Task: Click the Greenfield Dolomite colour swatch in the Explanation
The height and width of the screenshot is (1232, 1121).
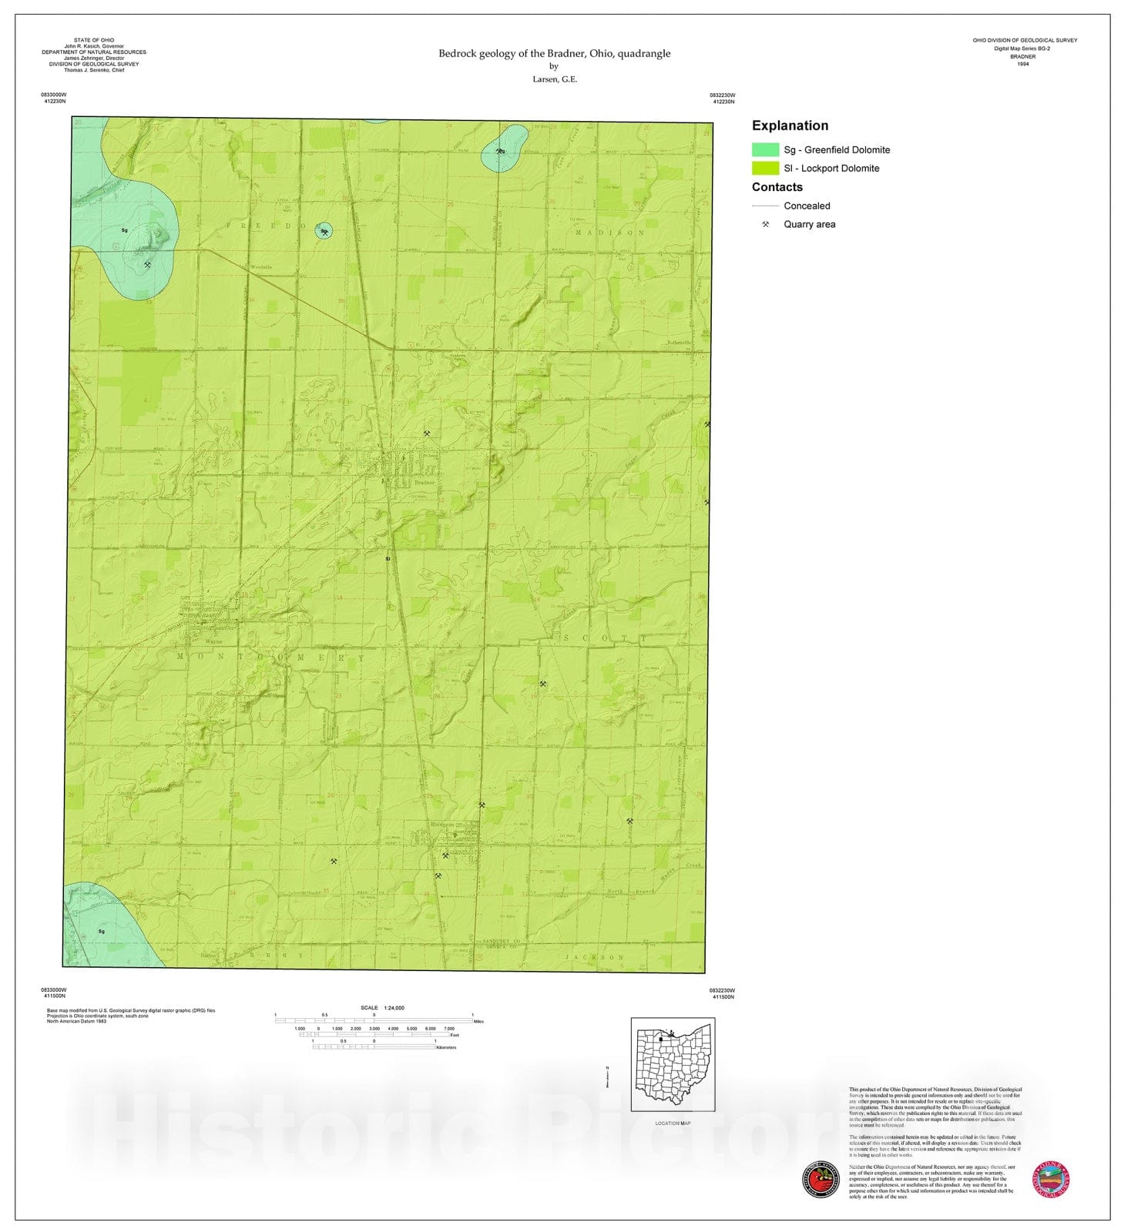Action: pyautogui.click(x=765, y=149)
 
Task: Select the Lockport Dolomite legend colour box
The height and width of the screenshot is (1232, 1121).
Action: pyautogui.click(x=765, y=168)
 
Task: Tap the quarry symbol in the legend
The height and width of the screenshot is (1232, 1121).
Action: pyautogui.click(x=765, y=224)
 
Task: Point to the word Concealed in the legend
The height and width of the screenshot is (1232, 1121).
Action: pyautogui.click(x=807, y=206)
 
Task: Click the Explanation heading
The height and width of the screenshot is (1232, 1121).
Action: pyautogui.click(x=790, y=126)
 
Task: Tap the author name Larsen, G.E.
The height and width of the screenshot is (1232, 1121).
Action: pyautogui.click(x=554, y=79)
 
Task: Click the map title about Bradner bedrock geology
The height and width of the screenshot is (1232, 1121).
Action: pyautogui.click(x=554, y=53)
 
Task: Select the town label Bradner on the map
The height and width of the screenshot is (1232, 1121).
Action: pyautogui.click(x=425, y=483)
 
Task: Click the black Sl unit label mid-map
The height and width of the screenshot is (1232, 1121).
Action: pyautogui.click(x=388, y=558)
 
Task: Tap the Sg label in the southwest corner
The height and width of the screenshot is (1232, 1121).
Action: pyautogui.click(x=102, y=931)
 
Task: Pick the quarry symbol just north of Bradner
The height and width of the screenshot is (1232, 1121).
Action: pyautogui.click(x=427, y=434)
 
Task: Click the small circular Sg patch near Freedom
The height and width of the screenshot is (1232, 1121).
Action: pyautogui.click(x=324, y=230)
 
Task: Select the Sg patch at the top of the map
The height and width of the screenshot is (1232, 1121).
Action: pyautogui.click(x=502, y=149)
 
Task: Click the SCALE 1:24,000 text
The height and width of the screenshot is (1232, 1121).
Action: pyautogui.click(x=382, y=1007)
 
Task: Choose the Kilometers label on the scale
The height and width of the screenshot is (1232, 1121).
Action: pyautogui.click(x=446, y=1047)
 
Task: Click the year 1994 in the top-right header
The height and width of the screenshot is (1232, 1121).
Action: pyautogui.click(x=1022, y=64)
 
